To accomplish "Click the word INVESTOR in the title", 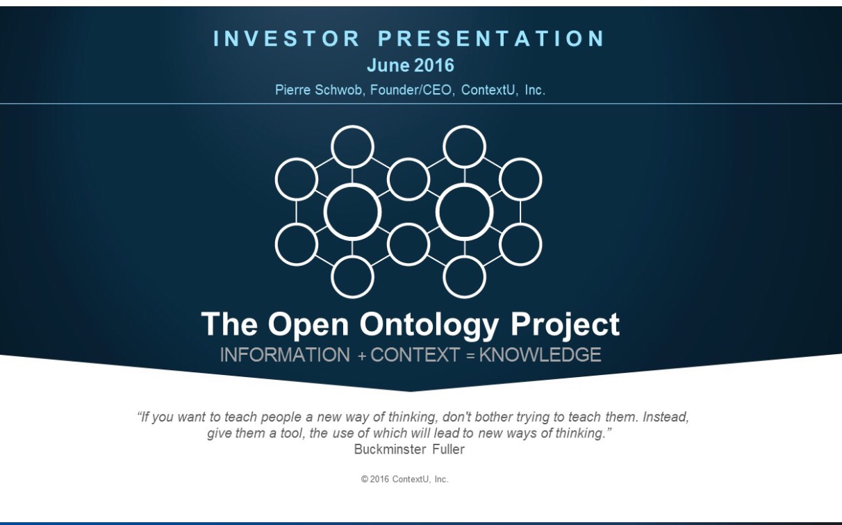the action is (287, 38).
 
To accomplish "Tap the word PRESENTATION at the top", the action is (491, 38).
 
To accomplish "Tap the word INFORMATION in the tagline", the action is (285, 355).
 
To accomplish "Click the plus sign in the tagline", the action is (362, 356).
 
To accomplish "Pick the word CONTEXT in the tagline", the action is (415, 355).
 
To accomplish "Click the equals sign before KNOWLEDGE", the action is (470, 356).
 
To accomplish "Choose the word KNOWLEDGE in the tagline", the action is (540, 355).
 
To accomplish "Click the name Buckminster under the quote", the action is (390, 449).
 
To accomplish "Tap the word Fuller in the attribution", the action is (448, 449).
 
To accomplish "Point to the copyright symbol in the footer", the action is (365, 479).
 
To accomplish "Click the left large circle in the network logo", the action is (352, 212).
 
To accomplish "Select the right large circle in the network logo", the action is (464, 212).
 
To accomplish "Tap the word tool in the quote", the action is (292, 433).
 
